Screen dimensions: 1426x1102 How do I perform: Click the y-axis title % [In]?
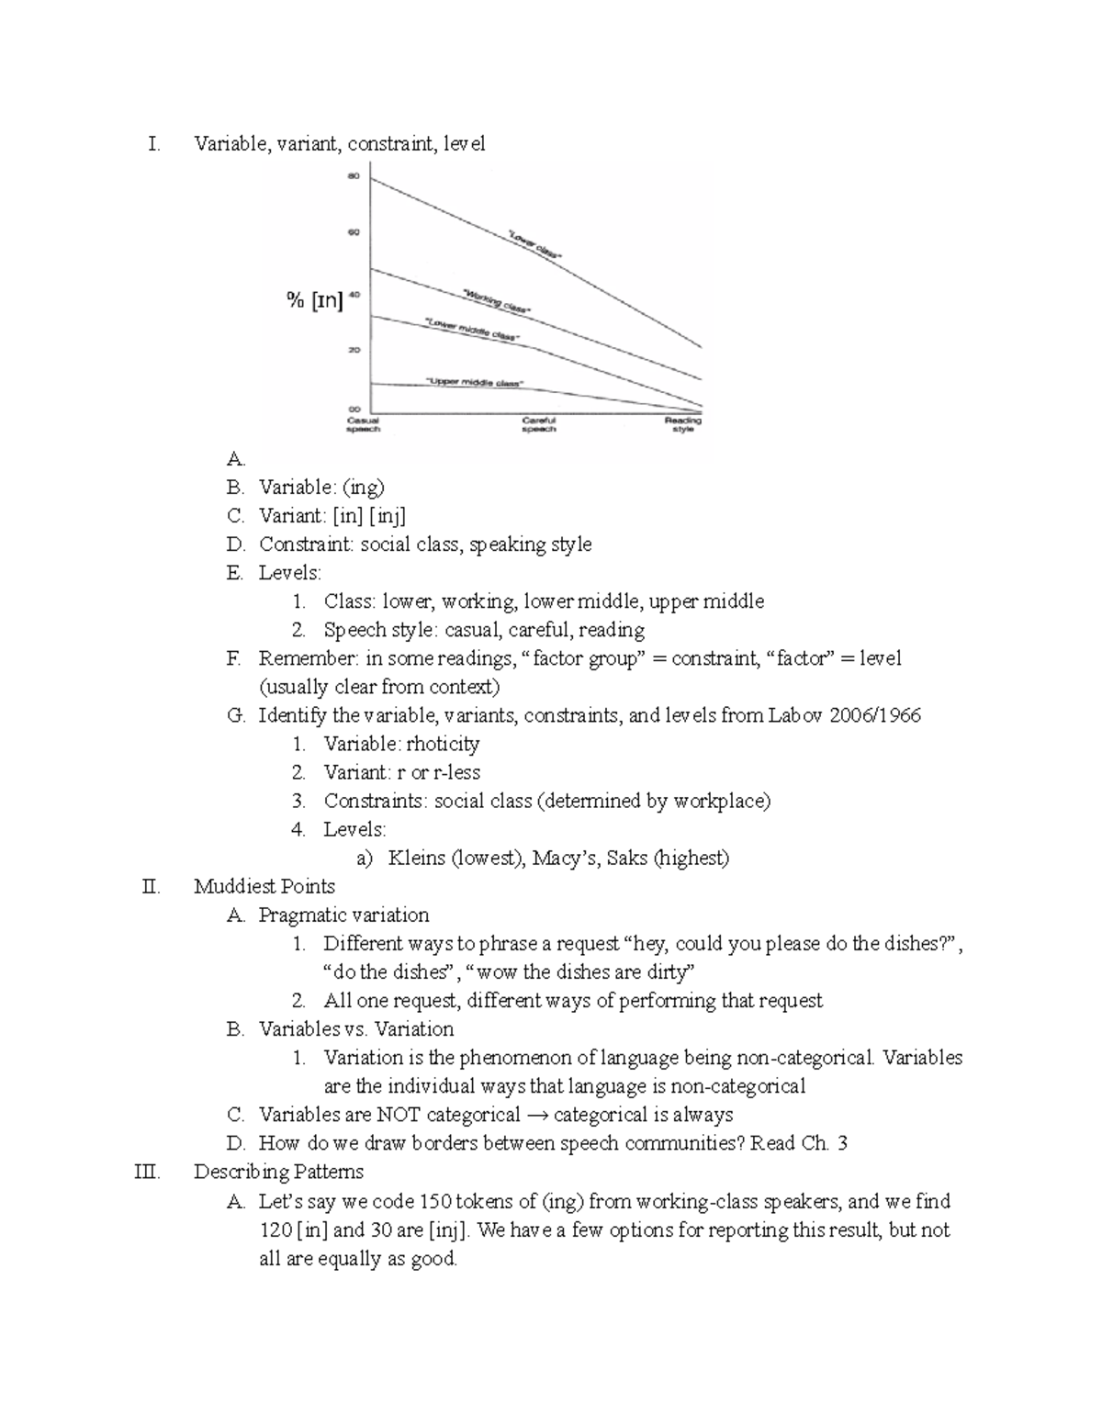314,300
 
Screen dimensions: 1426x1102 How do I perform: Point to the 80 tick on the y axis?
354,175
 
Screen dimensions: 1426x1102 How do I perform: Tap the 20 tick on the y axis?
354,350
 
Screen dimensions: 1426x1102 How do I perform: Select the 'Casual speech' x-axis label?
363,424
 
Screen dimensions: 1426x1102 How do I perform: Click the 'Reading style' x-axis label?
682,424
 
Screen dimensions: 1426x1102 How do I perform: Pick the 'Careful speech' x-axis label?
539,424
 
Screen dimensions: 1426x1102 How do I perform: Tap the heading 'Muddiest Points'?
264,887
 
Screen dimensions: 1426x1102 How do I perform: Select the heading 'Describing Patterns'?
279,1173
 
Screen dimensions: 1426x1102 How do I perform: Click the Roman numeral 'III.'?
146,1173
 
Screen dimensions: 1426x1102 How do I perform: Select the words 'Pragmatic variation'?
344,915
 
